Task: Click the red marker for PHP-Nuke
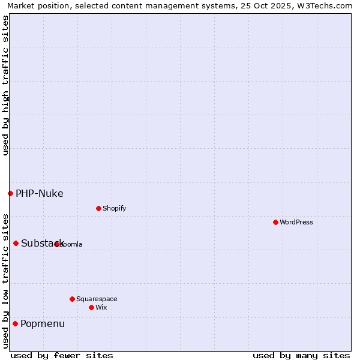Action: [10, 193]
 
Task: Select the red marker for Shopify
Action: [98, 208]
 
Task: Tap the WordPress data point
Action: [275, 222]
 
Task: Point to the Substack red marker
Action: [16, 243]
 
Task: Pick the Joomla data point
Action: [56, 244]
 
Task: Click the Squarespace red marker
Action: [72, 299]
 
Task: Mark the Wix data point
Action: [91, 307]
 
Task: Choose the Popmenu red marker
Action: [15, 324]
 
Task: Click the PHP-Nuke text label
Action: [40, 193]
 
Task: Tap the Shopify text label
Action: [114, 208]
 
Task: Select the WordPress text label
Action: [296, 222]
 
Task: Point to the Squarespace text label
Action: [97, 299]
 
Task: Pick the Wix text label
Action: [101, 307]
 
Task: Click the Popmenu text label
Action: [43, 324]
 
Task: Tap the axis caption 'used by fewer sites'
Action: [62, 355]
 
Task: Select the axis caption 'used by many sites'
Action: [301, 355]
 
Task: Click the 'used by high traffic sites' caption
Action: [5, 85]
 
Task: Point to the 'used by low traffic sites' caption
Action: [5, 281]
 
